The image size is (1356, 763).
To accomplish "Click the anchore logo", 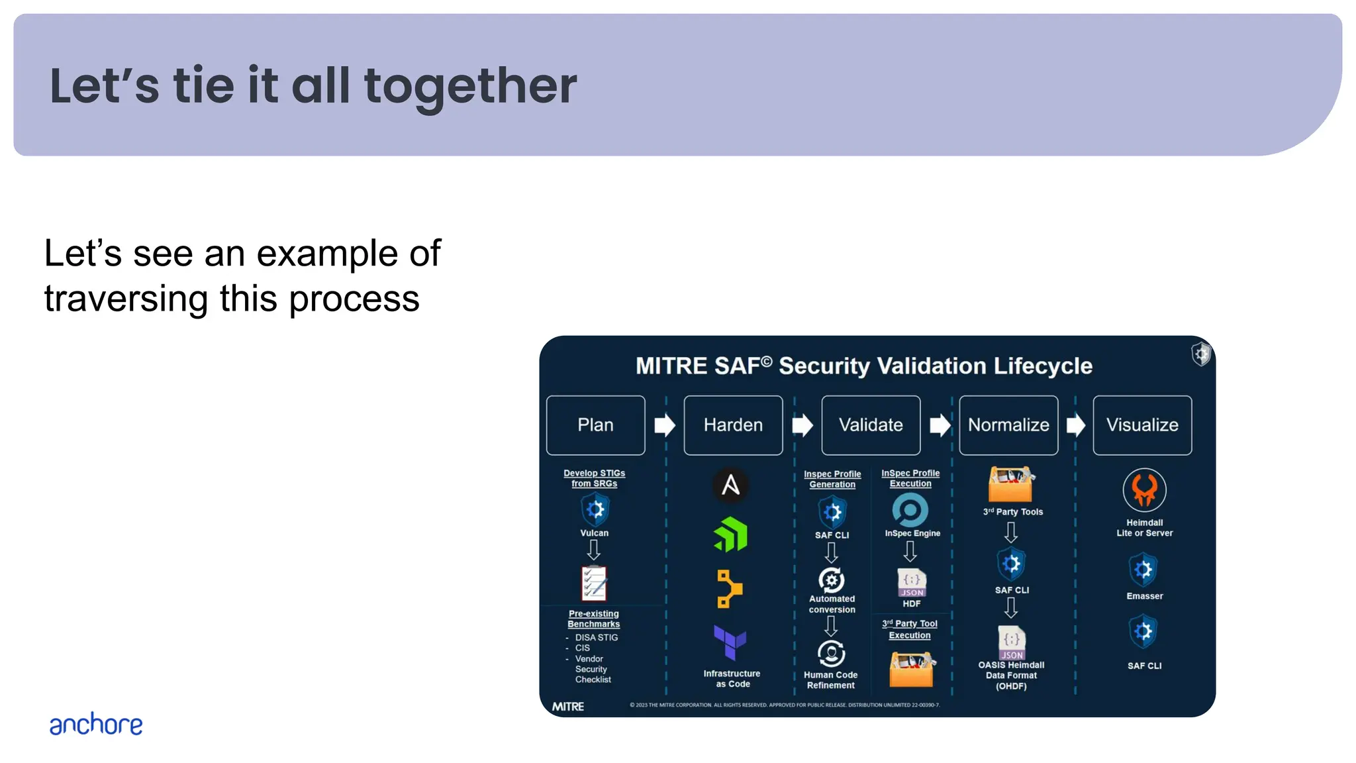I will pyautogui.click(x=96, y=725).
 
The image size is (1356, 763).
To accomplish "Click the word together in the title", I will pyautogui.click(x=470, y=86).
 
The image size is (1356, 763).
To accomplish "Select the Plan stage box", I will pyautogui.click(x=595, y=425).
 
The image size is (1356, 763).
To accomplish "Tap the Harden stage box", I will pyautogui.click(x=733, y=425).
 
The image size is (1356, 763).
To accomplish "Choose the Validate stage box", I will pyautogui.click(x=871, y=425).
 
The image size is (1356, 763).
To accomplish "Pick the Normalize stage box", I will pyautogui.click(x=1008, y=425).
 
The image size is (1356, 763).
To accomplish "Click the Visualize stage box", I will pyautogui.click(x=1142, y=425).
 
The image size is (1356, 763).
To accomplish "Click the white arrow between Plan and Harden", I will pyautogui.click(x=664, y=425).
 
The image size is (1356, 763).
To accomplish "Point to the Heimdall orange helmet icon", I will pyautogui.click(x=1144, y=490).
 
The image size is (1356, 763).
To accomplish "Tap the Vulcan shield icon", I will pyautogui.click(x=595, y=509).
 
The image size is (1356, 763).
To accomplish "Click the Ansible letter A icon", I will pyautogui.click(x=731, y=485).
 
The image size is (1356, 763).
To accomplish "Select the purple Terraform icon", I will pyautogui.click(x=730, y=642).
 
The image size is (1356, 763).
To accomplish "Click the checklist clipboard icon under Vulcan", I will pyautogui.click(x=594, y=584).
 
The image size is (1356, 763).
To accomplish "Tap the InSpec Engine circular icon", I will pyautogui.click(x=910, y=510).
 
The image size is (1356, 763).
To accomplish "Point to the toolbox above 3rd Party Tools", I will pyautogui.click(x=1010, y=484).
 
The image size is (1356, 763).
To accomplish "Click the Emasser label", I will pyautogui.click(x=1144, y=596).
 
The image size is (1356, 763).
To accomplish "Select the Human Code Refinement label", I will pyautogui.click(x=830, y=680).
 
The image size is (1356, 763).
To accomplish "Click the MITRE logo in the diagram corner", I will pyautogui.click(x=568, y=707).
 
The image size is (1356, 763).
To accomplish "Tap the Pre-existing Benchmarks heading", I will pyautogui.click(x=594, y=619).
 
